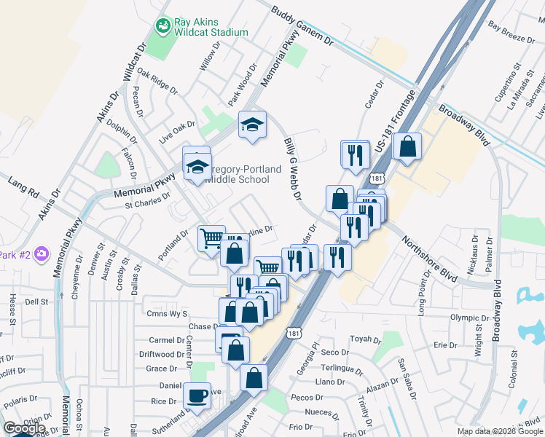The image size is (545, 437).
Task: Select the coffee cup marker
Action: [x=197, y=395]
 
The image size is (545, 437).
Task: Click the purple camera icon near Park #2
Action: [x=42, y=254]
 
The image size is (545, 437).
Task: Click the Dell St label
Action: [x=36, y=301]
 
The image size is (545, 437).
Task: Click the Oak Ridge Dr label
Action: [x=157, y=82]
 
